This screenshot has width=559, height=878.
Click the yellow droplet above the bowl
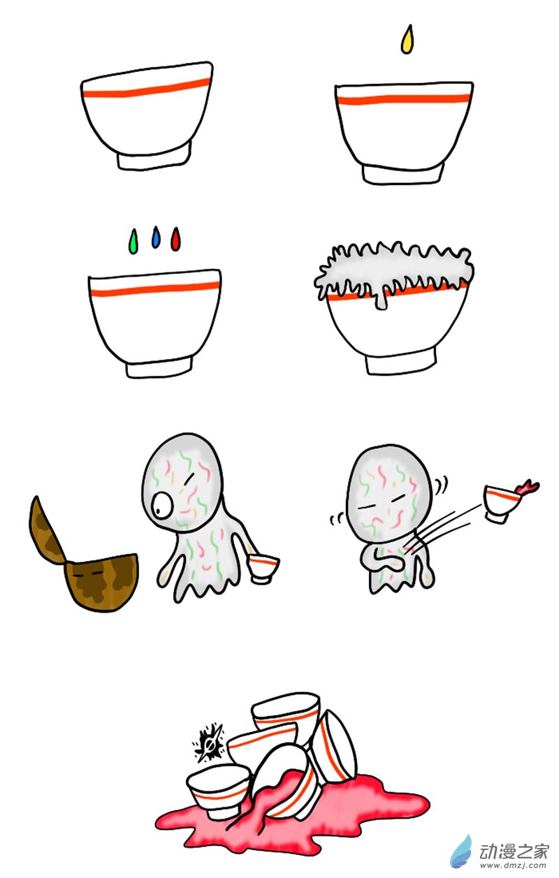pyautogui.click(x=407, y=40)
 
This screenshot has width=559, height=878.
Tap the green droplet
pyautogui.click(x=133, y=242)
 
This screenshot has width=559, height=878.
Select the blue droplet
pyautogui.click(x=156, y=237)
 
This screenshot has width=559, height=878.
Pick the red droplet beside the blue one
pyautogui.click(x=175, y=240)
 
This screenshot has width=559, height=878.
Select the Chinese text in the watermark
pyautogui.click(x=514, y=851)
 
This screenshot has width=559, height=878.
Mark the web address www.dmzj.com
pyautogui.click(x=513, y=865)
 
